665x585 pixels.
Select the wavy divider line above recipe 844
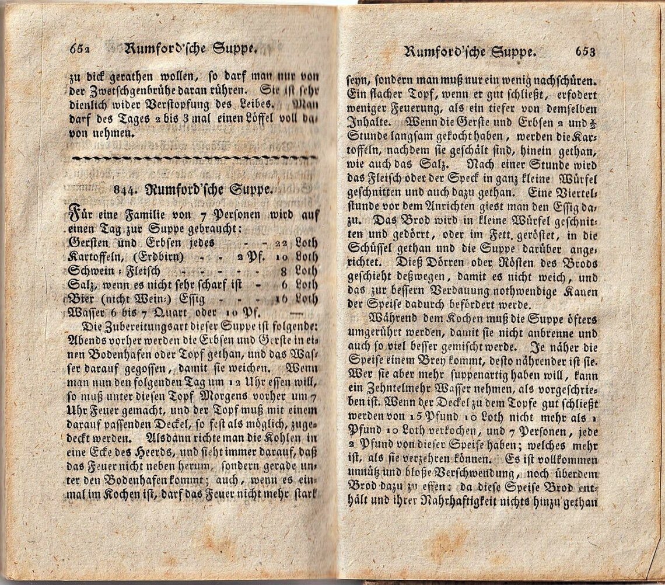(x=193, y=158)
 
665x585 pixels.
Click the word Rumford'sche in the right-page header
(x=444, y=52)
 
